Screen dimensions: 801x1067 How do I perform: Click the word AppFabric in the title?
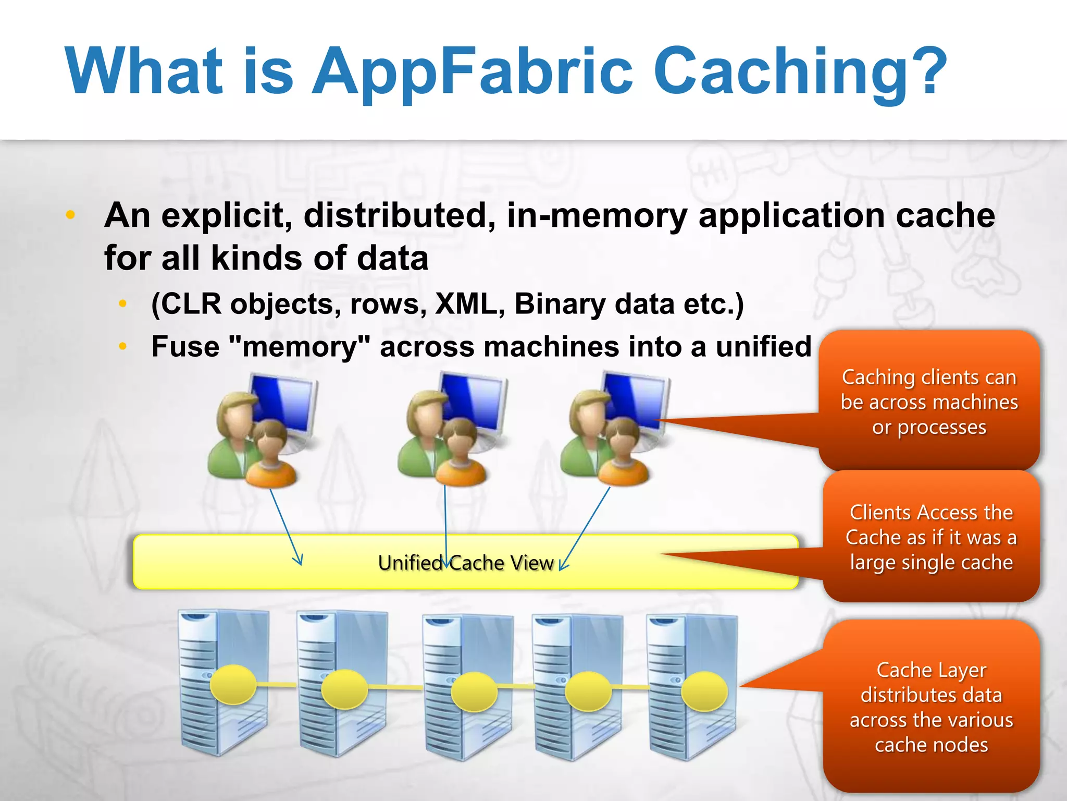click(x=472, y=72)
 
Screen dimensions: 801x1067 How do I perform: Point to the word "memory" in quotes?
click(x=299, y=347)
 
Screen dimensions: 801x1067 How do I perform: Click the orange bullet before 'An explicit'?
click(x=71, y=214)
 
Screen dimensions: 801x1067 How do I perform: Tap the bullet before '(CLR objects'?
click(x=123, y=304)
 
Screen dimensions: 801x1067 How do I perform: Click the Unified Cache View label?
click(x=465, y=563)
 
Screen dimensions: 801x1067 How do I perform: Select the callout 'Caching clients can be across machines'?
click(x=929, y=402)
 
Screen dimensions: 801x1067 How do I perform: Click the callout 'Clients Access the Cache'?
click(x=931, y=537)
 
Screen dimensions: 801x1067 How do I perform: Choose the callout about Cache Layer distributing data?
click(x=931, y=707)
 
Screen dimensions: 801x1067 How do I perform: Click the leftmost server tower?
click(x=221, y=683)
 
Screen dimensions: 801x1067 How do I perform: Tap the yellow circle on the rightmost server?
click(x=704, y=691)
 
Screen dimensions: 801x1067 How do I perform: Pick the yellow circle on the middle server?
click(x=474, y=692)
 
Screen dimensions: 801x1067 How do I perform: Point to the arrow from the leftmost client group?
click(x=286, y=527)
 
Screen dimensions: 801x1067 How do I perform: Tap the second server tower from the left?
click(x=341, y=683)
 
